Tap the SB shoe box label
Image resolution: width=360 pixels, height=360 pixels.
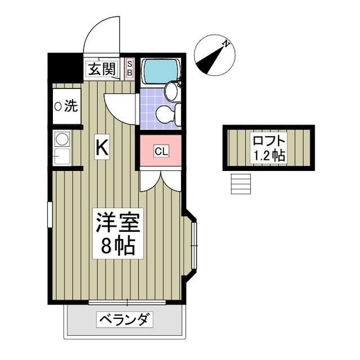click(x=129, y=68)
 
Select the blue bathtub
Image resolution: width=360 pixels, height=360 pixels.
click(x=160, y=71)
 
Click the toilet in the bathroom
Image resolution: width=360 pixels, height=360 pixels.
click(x=167, y=115)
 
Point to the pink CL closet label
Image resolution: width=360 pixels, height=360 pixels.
click(x=160, y=151)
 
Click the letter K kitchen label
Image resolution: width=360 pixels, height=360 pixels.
click(x=102, y=147)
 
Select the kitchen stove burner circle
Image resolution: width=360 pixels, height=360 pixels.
click(x=61, y=139)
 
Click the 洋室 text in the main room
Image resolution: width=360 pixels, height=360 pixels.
click(x=117, y=220)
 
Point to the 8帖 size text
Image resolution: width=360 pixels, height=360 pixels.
click(x=117, y=246)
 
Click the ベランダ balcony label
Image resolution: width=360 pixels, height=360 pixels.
click(x=126, y=321)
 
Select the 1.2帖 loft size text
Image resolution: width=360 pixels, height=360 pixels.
click(x=269, y=155)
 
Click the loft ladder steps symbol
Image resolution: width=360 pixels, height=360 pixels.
click(x=240, y=183)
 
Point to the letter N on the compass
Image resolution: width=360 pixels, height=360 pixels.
click(x=226, y=43)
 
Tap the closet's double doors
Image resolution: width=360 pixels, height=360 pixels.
click(x=160, y=179)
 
